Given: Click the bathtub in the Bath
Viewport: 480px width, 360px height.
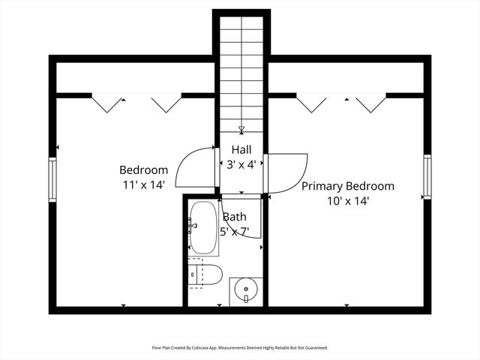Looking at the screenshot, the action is click(x=203, y=227).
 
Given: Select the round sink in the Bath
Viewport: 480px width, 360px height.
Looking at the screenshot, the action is click(x=246, y=289).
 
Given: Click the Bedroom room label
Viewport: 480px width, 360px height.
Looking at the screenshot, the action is click(x=143, y=170).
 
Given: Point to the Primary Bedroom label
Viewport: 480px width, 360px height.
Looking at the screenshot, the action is click(x=348, y=186).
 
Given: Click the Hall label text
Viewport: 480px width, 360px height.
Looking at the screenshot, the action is click(x=241, y=150).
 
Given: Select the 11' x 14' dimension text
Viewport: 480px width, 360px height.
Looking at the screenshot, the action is click(x=144, y=185).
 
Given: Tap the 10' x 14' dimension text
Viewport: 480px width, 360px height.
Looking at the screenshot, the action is click(x=348, y=201).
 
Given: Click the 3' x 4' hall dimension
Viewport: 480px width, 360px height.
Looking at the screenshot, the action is click(x=241, y=165).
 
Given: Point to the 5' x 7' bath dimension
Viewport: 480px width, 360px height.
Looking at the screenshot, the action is click(x=235, y=232).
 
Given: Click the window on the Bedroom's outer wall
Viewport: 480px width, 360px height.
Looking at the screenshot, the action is click(x=52, y=179).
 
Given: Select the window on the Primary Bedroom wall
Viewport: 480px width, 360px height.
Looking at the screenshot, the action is click(x=427, y=177).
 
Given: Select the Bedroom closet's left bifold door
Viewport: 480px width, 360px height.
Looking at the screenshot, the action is click(x=106, y=103).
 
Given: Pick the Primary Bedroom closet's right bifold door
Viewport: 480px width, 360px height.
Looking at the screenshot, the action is click(x=370, y=103).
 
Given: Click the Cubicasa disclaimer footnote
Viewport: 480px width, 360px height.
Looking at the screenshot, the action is click(x=240, y=348).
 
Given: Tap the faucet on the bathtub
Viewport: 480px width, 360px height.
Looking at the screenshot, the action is click(x=192, y=226).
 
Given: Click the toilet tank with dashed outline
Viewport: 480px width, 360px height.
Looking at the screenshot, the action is click(x=195, y=273).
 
